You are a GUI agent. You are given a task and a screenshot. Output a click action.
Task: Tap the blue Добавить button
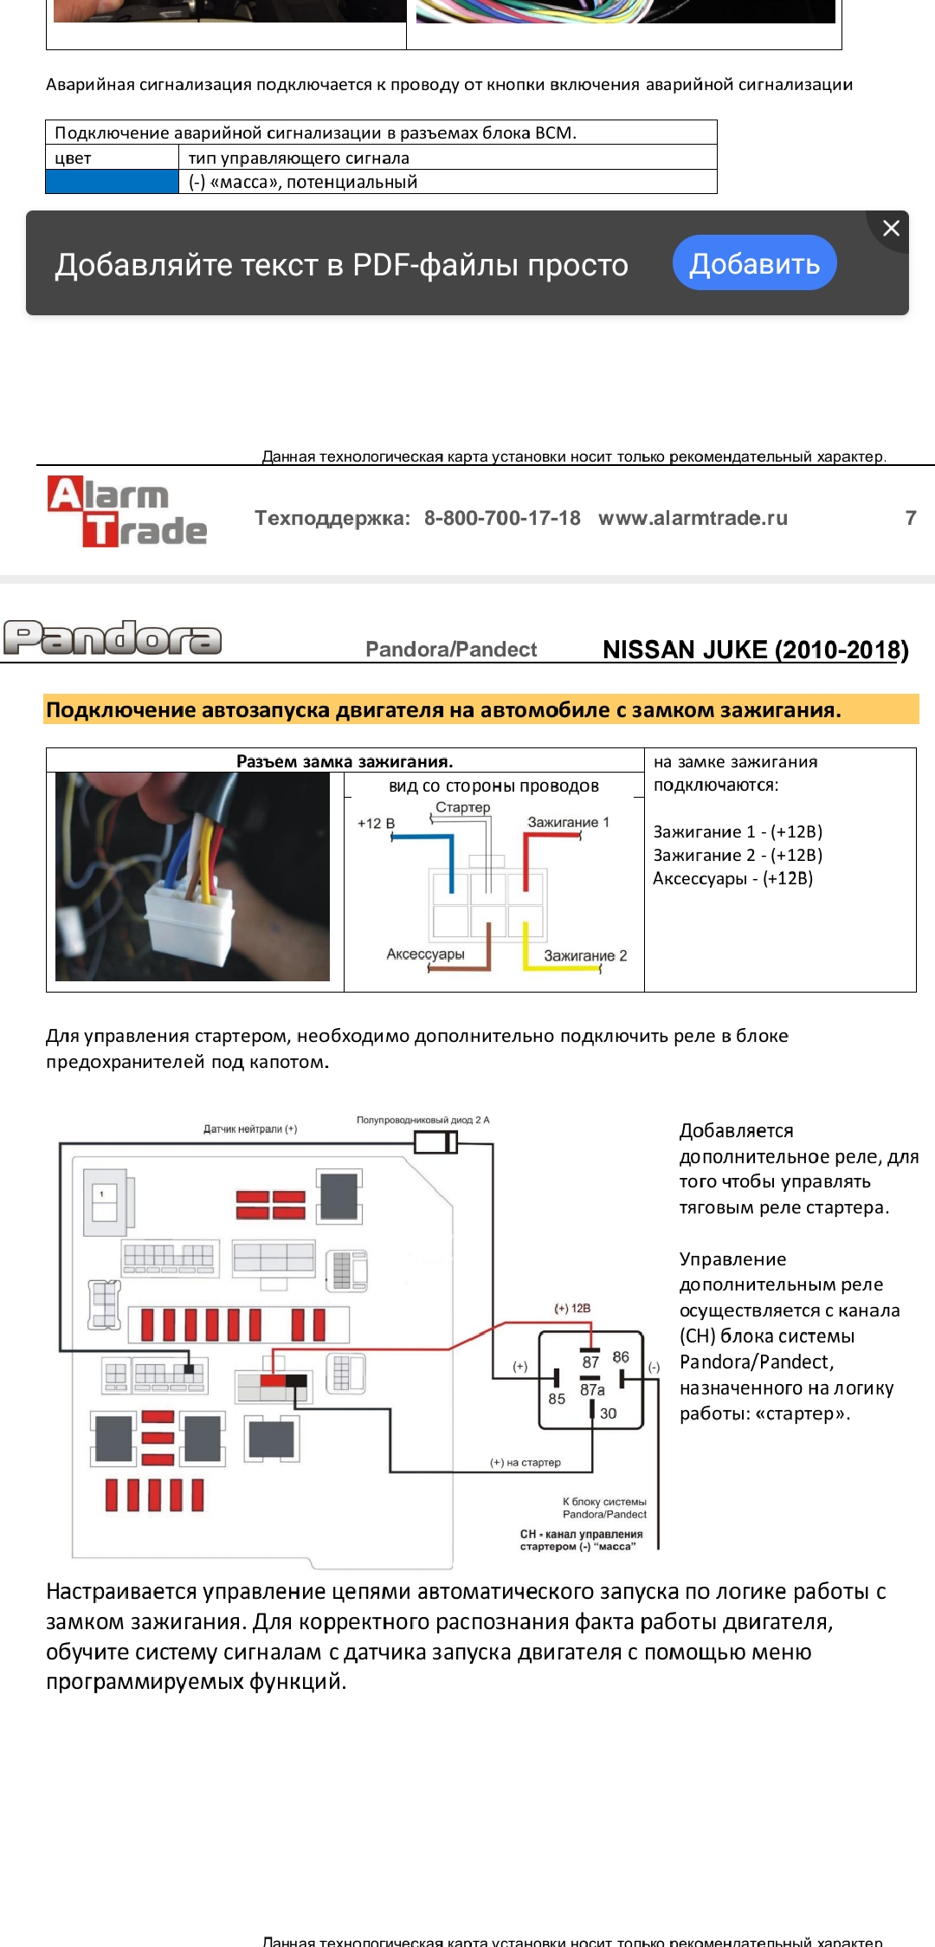[x=754, y=263]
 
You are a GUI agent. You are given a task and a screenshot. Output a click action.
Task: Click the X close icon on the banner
[x=891, y=229]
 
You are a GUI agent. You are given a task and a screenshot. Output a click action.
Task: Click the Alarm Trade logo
[x=127, y=512]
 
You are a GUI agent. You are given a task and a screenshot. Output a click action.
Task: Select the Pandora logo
[x=113, y=638]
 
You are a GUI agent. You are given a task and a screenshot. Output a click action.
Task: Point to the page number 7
[x=910, y=518]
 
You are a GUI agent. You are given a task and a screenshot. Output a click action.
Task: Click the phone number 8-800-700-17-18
[x=502, y=518]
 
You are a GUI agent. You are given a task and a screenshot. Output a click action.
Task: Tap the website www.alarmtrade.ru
[x=693, y=518]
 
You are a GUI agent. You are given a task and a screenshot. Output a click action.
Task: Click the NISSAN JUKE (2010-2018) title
[x=755, y=650]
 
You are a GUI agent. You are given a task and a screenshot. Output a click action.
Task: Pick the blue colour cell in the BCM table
[x=112, y=182]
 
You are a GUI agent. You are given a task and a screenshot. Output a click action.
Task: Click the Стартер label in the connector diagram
[x=462, y=807]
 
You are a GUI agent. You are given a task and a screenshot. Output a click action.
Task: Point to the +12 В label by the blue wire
[x=376, y=824]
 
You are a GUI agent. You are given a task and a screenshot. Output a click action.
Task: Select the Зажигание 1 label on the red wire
[x=568, y=822]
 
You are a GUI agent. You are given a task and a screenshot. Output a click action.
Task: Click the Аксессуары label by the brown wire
[x=425, y=954]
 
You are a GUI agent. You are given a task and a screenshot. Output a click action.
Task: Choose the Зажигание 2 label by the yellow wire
[x=585, y=955]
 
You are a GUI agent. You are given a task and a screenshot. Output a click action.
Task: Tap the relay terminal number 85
[x=557, y=1399]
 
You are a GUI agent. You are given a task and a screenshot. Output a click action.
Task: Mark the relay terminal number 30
[x=608, y=1413]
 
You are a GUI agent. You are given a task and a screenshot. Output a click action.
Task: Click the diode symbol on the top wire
[x=435, y=1143]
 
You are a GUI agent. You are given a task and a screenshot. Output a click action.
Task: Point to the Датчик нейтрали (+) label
[x=250, y=1129]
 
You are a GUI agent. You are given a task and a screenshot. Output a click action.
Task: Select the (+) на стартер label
[x=526, y=1463]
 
